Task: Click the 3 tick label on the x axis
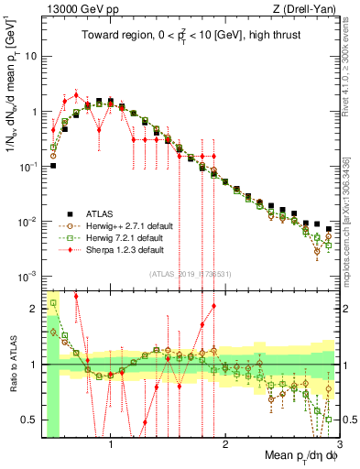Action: [338, 446]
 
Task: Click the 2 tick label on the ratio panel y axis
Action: [32, 309]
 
